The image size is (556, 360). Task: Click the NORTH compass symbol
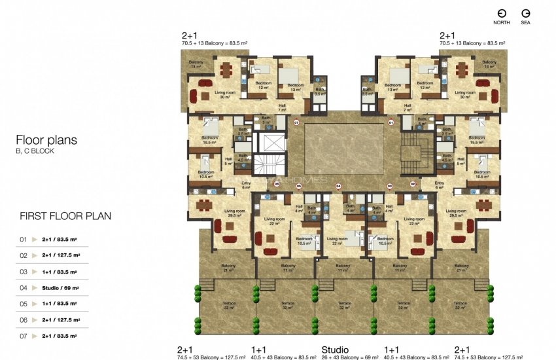502,14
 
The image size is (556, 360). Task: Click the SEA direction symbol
525,14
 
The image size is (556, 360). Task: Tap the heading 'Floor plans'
46,139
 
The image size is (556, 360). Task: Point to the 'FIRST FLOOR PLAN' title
65,215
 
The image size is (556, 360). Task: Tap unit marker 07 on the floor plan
296,122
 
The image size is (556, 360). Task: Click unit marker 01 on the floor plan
391,122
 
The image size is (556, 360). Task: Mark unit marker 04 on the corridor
339,186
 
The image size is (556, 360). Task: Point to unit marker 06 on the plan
277,185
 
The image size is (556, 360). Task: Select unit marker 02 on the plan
413,185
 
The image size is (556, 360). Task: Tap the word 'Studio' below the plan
335,350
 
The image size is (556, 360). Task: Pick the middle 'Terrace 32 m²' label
344,305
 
